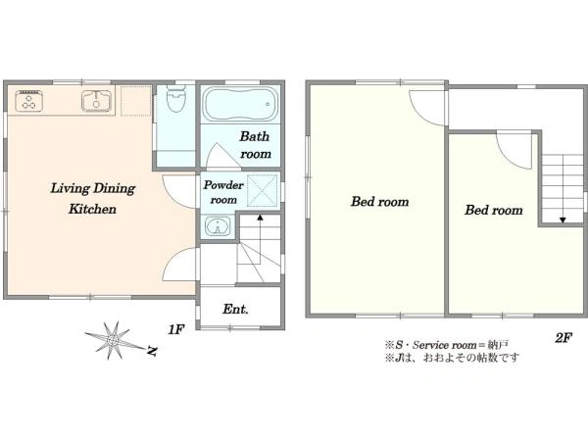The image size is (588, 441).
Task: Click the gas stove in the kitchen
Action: [x=28, y=101]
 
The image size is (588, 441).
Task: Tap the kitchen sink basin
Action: [x=97, y=101]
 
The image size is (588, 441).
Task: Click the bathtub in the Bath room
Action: [x=240, y=104]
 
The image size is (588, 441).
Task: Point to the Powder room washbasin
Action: [x=218, y=226]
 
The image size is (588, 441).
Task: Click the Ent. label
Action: [x=235, y=310]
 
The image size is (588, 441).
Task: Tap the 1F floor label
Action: [x=176, y=329]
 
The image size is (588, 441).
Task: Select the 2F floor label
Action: [x=563, y=338]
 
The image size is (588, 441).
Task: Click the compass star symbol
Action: [x=112, y=340]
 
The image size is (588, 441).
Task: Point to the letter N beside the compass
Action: [x=152, y=351]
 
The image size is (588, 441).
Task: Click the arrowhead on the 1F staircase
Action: [x=260, y=217]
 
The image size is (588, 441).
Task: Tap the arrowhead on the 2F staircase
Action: [x=563, y=220]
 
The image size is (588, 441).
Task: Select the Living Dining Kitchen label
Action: [x=93, y=198]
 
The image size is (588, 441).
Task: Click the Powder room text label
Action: [x=223, y=192]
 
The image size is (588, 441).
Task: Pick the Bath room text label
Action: [x=255, y=145]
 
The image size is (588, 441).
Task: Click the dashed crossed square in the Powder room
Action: [x=263, y=190]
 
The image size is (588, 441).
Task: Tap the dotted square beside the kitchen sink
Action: [x=136, y=101]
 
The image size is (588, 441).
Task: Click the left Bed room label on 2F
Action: [x=380, y=202]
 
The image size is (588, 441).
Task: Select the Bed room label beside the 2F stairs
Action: [x=494, y=210]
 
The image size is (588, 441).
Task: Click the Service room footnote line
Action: [x=447, y=345]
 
